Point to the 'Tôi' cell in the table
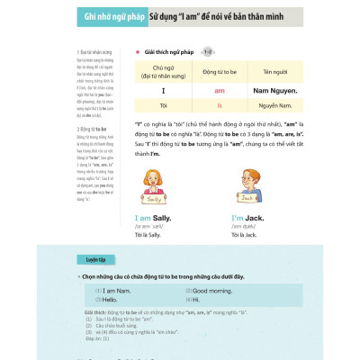coord(164,105)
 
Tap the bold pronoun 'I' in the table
coord(164,91)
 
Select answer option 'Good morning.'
coord(211,291)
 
